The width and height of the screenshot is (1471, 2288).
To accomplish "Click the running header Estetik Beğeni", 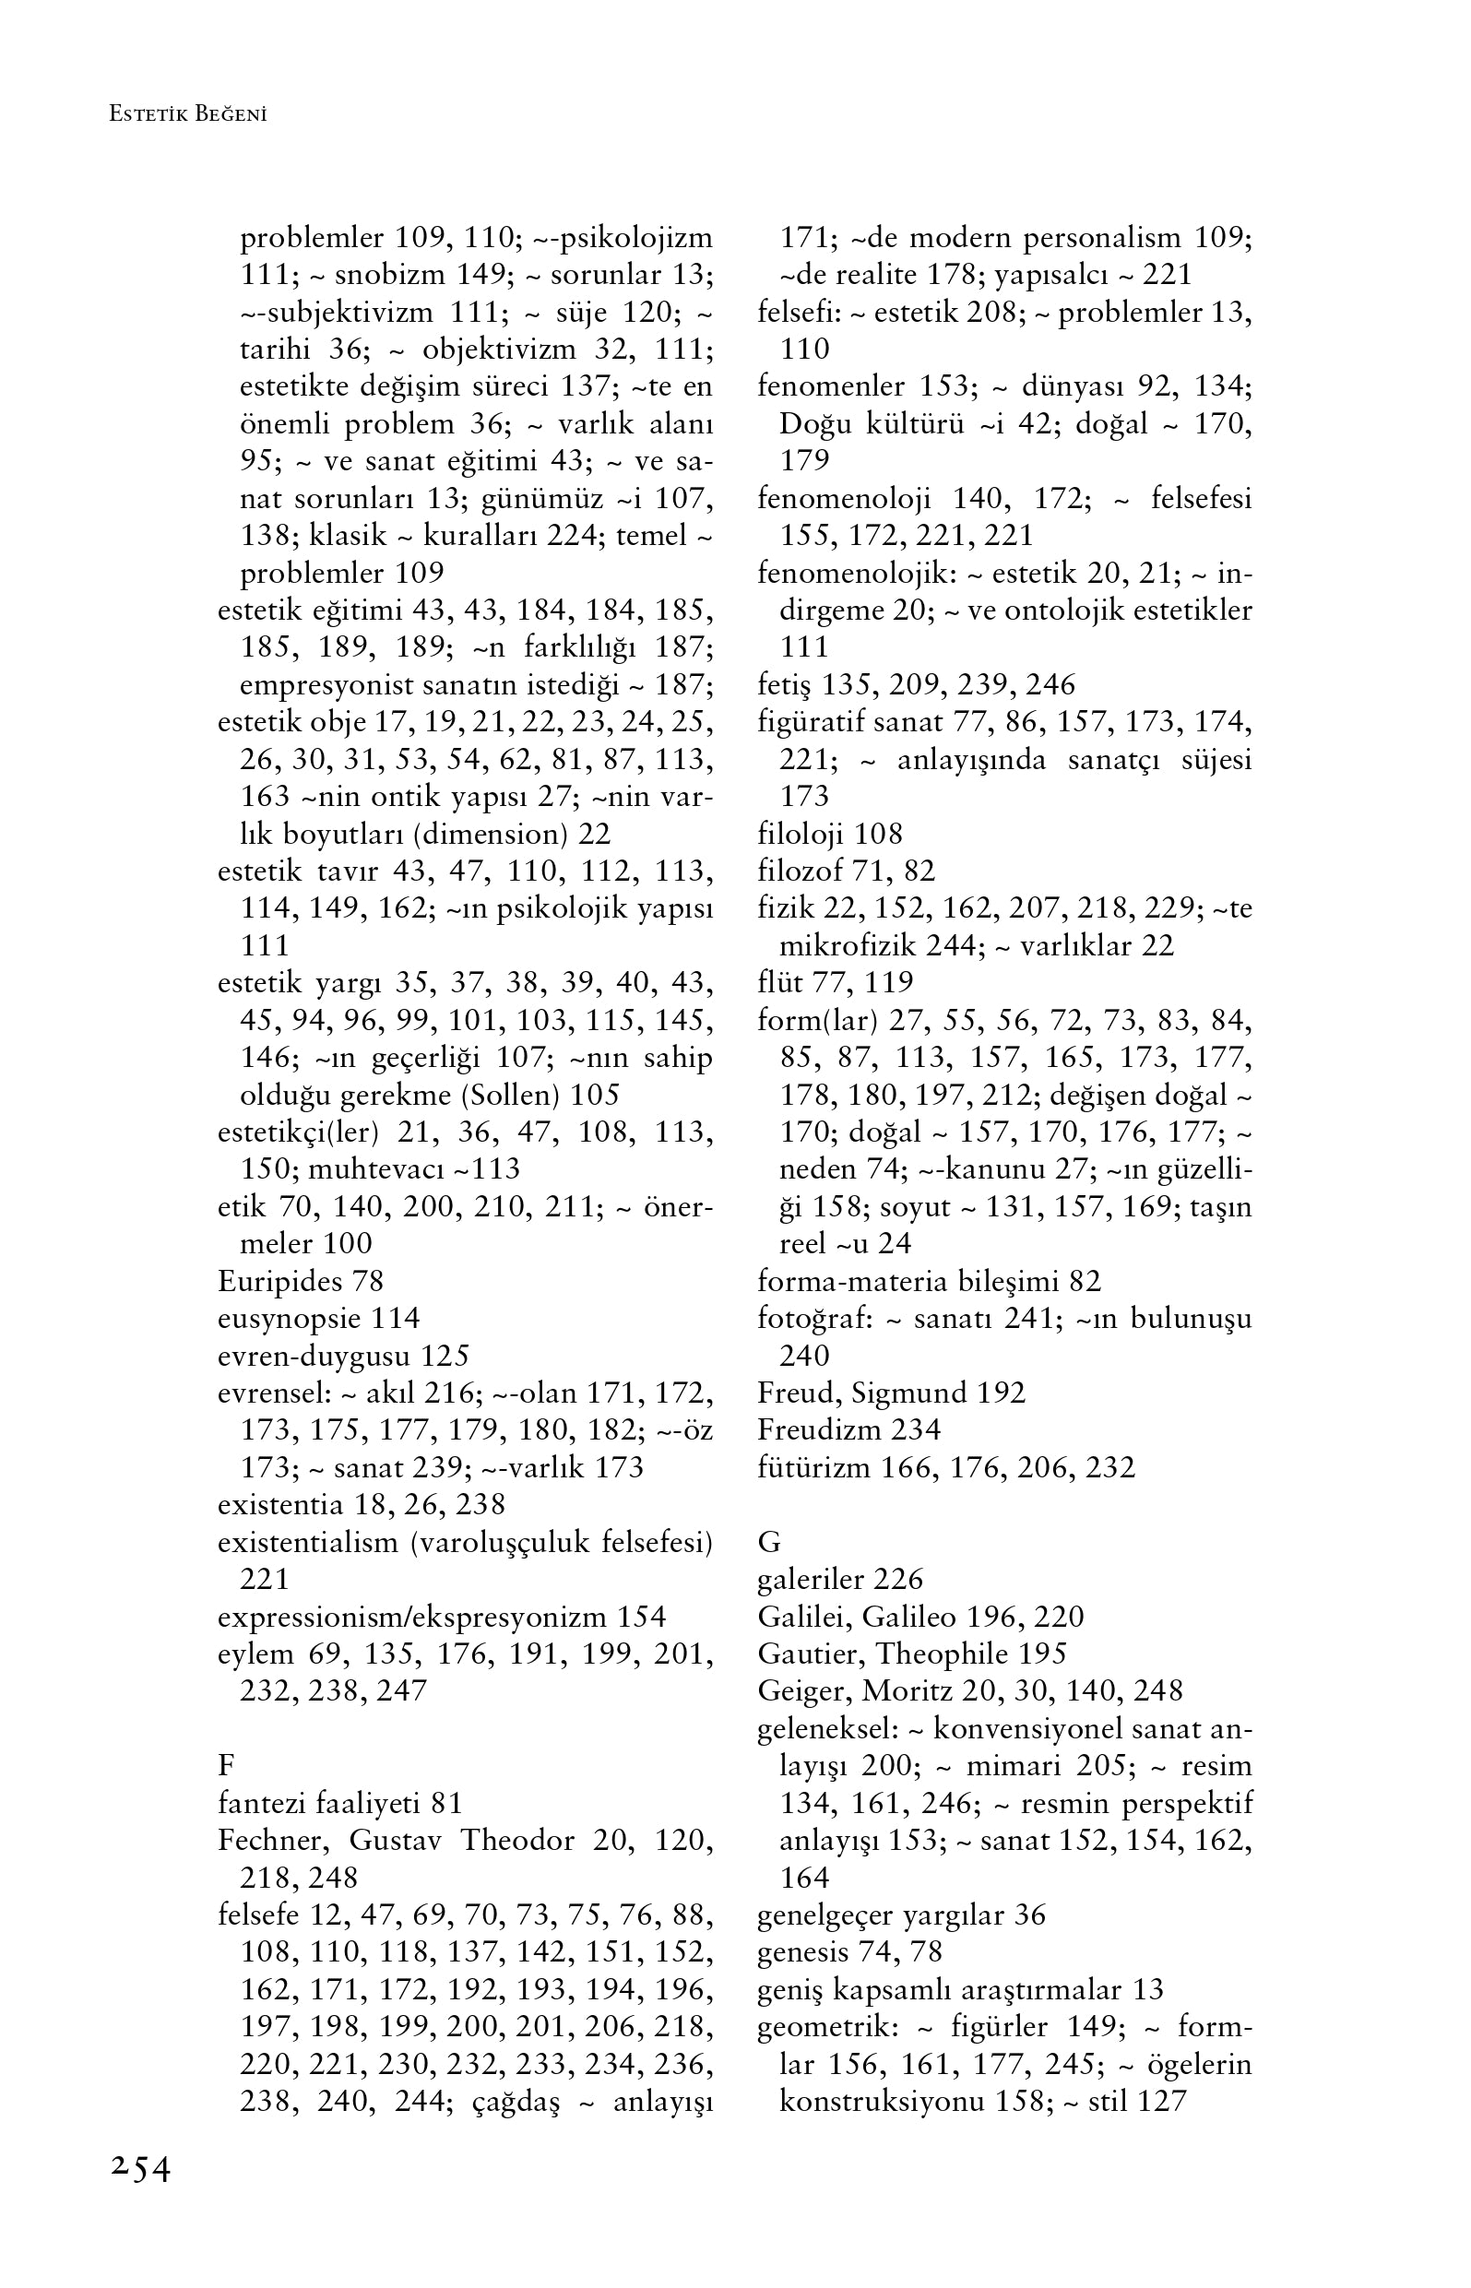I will pyautogui.click(x=187, y=114).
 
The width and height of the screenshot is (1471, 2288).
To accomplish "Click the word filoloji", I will pyautogui.click(x=801, y=834).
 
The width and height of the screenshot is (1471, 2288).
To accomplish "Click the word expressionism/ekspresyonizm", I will pyautogui.click(x=412, y=1617).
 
